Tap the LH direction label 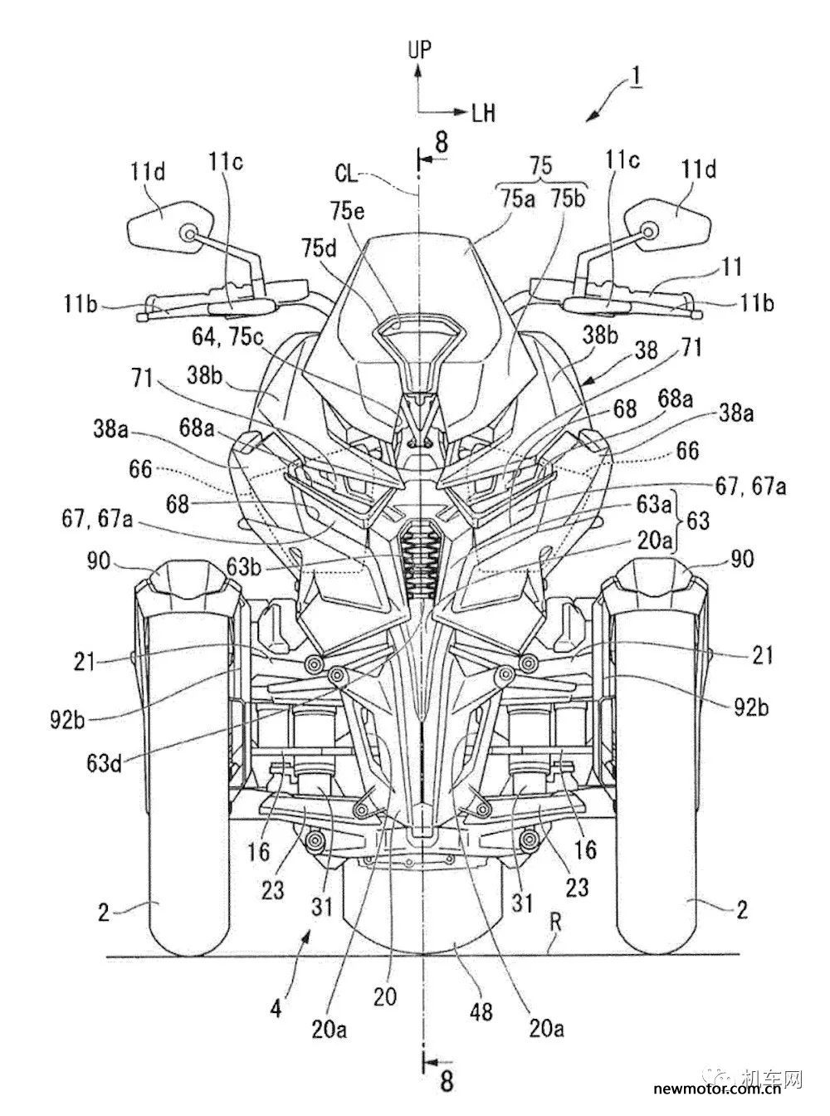(483, 114)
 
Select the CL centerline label (346, 174)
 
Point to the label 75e (348, 212)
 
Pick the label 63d (104, 763)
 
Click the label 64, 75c (228, 337)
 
